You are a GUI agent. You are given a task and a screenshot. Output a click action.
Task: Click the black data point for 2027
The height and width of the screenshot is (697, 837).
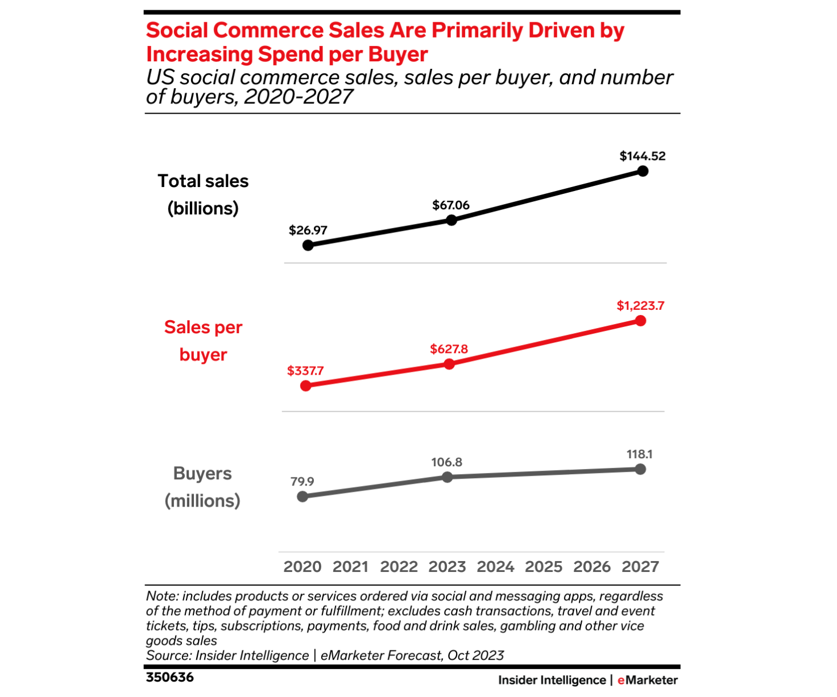[643, 171]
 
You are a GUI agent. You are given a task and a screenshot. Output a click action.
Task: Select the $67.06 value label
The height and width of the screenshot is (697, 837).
[451, 205]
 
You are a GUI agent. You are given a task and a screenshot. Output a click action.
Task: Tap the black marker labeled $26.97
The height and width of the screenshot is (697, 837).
[308, 245]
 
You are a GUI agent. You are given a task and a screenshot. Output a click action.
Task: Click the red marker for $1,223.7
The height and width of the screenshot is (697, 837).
[641, 321]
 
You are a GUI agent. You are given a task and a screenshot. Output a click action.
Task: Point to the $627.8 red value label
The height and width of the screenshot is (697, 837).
[449, 349]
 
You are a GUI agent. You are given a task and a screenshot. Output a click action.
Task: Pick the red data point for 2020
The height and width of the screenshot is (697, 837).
[306, 386]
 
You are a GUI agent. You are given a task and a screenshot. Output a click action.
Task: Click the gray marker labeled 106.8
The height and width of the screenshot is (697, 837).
[447, 477]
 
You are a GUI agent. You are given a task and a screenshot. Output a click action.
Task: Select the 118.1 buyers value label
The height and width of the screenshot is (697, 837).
[640, 454]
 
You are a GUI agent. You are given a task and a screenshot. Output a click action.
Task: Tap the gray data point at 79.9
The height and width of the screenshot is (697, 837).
[303, 496]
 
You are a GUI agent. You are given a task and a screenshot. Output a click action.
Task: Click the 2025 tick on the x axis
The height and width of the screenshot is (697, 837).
[544, 567]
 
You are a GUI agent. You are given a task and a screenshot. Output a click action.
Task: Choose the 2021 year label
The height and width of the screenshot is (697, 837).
[350, 567]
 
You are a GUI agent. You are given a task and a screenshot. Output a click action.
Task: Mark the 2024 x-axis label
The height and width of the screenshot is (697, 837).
[495, 567]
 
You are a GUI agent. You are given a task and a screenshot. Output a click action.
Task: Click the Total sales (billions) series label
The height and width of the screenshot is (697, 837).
[203, 194]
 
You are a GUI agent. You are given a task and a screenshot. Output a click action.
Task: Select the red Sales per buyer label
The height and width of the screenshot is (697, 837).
[203, 341]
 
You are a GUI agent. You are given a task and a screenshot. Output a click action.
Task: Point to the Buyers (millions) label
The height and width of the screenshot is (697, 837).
[202, 487]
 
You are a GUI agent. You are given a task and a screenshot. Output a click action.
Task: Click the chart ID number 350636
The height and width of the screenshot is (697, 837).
[169, 678]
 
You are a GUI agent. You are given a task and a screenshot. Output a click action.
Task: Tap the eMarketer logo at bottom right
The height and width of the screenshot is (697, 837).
[647, 680]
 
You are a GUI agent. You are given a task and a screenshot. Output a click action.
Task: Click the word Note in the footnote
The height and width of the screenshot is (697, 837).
[161, 596]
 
